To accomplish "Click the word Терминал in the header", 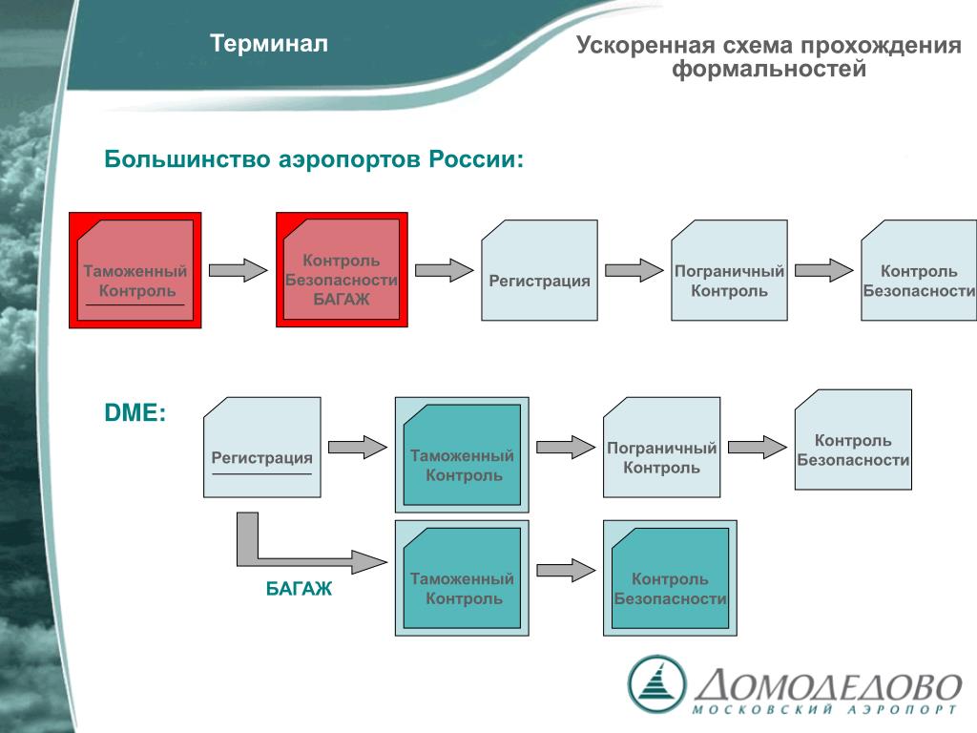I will [x=269, y=44].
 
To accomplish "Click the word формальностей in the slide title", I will [x=769, y=70].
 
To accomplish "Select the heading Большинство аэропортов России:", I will [x=314, y=158].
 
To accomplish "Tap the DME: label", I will [x=135, y=413].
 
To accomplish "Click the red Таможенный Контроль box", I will [x=135, y=270].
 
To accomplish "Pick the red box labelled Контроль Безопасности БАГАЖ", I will [x=342, y=270].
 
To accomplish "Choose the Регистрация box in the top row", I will [x=539, y=270].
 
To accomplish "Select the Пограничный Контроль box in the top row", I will [x=729, y=270].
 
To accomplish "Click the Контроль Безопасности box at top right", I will [x=919, y=270].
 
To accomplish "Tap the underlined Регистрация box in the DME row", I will [x=262, y=448].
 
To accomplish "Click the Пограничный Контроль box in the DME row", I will [x=661, y=448].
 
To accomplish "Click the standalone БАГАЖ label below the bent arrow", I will [x=299, y=589].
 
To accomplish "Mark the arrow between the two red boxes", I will [x=238, y=270].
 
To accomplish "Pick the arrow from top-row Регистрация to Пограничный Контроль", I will [x=634, y=270].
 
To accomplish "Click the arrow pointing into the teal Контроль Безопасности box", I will [x=565, y=571].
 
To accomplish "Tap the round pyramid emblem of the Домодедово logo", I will [x=656, y=682].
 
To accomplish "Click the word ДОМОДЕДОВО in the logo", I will [x=827, y=685].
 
